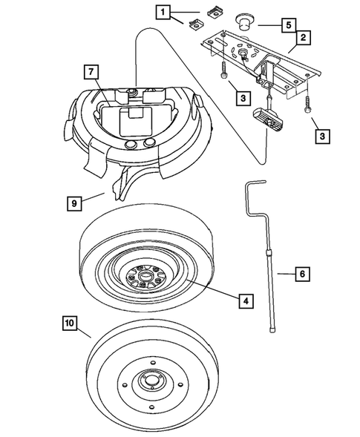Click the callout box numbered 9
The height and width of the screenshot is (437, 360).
click(x=73, y=201)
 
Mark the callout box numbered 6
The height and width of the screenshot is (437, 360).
click(x=301, y=274)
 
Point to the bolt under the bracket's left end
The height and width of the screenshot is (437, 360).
click(x=221, y=70)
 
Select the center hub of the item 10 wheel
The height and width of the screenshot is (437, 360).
click(x=152, y=383)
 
